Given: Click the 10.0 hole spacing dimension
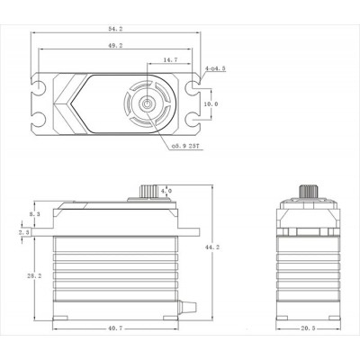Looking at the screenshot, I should (x=209, y=104).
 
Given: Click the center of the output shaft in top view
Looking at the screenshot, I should (x=144, y=104).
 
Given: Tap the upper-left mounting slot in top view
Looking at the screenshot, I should (x=41, y=88).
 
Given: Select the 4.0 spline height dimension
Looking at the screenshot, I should (x=166, y=191).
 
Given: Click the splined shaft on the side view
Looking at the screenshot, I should (x=148, y=192).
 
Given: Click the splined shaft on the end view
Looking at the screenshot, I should (x=308, y=192).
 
